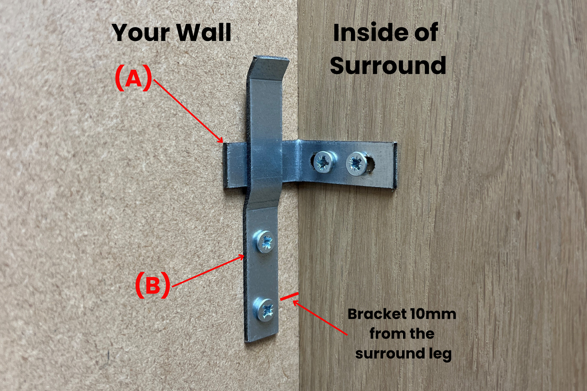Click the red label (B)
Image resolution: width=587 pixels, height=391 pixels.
click(x=152, y=285)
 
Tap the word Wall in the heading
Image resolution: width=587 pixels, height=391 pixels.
click(x=204, y=32)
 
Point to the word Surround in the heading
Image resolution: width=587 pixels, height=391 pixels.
click(x=388, y=65)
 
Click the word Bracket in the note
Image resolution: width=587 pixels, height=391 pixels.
click(x=377, y=314)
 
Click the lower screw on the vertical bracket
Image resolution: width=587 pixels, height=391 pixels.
click(x=266, y=310)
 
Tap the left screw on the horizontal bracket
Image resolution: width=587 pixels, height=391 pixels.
click(x=324, y=162)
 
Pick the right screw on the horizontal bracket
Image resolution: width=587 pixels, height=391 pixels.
click(x=356, y=164)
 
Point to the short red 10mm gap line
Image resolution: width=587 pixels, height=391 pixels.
click(x=289, y=297)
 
